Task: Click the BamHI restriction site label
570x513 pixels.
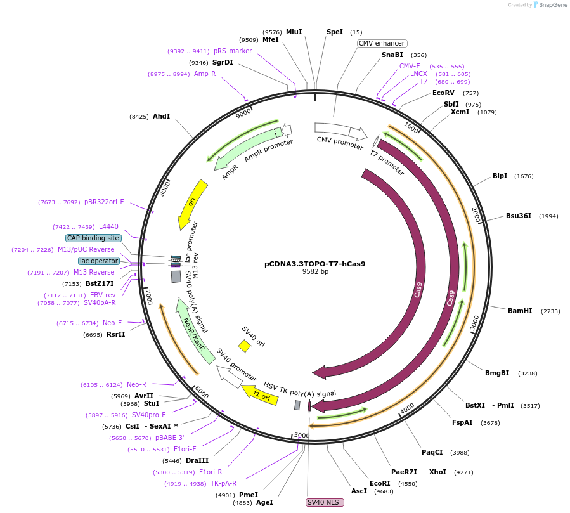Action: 520,311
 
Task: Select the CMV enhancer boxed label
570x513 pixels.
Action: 382,44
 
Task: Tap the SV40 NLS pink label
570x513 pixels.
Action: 325,502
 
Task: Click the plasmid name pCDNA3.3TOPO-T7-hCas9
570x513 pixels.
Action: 314,264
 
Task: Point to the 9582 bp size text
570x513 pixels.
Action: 315,272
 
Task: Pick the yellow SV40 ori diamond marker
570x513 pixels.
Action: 244,346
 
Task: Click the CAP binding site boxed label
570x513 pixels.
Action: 93,238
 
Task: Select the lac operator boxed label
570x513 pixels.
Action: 99,261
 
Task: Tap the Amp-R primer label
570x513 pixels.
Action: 204,74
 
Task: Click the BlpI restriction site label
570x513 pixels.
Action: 500,176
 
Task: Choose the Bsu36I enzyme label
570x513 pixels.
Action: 519,216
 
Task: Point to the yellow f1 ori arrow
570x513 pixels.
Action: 259,394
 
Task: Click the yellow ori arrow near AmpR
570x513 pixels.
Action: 193,204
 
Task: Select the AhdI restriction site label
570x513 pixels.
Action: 161,116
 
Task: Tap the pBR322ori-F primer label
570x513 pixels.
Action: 104,202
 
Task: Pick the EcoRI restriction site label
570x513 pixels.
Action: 380,483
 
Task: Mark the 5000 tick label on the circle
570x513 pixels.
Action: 302,436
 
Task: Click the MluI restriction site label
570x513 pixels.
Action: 294,32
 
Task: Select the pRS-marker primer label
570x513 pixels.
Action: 232,51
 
